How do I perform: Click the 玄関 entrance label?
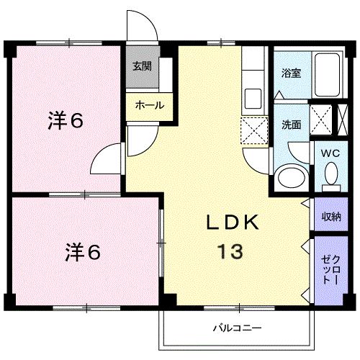click(x=142, y=67)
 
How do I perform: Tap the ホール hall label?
click(x=150, y=105)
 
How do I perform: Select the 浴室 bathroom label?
click(x=291, y=73)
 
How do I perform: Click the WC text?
click(x=329, y=153)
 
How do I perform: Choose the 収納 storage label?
click(x=331, y=216)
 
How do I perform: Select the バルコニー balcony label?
click(x=236, y=328)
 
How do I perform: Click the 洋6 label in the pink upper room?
click(x=67, y=120)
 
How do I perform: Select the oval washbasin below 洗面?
click(x=289, y=176)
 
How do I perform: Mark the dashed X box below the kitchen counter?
click(x=253, y=129)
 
